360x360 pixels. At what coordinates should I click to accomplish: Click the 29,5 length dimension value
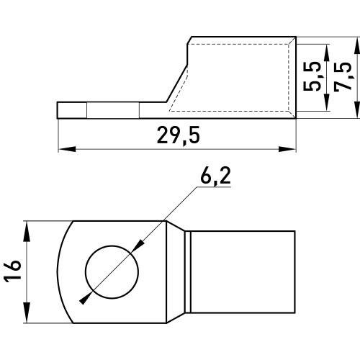179,135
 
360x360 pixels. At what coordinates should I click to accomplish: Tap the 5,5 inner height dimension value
312,76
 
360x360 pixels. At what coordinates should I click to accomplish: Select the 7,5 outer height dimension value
343,77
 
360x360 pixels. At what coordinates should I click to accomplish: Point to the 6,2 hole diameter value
215,176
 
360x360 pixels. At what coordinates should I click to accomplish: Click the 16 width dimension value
12,271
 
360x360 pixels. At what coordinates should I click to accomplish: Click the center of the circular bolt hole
112,272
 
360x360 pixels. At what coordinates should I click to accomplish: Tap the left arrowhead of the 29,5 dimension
67,149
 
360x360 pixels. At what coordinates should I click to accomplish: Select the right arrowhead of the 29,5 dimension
287,149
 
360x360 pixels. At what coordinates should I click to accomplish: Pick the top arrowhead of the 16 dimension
27,231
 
